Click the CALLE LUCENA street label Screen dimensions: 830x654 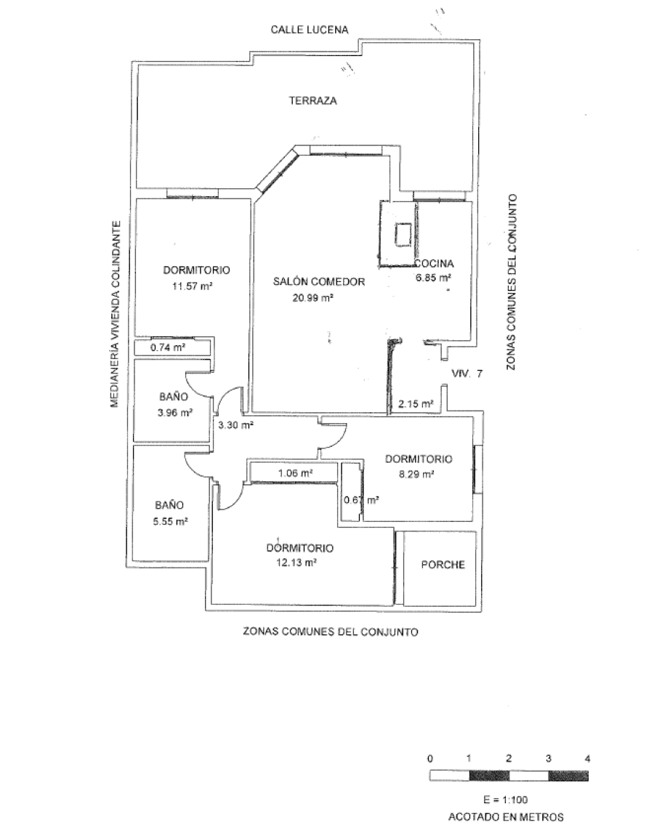[x=310, y=30]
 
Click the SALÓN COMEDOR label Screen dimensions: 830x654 [x=318, y=282]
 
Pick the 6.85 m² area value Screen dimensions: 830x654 [x=433, y=277]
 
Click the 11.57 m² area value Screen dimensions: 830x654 [x=192, y=285]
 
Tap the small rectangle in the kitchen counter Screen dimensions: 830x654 [x=402, y=233]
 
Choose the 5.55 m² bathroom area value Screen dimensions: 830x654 [x=171, y=520]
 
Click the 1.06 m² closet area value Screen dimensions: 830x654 [x=295, y=472]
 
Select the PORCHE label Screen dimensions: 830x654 [x=443, y=565]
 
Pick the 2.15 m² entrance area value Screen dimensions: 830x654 [x=416, y=403]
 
